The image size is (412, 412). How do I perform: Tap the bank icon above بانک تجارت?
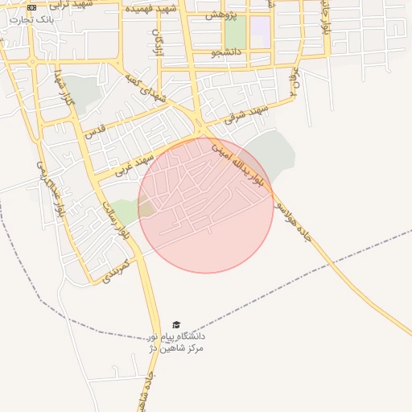coord(31,7)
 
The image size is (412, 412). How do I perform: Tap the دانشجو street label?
coord(227,53)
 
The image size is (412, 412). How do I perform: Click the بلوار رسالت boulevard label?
coord(115,220)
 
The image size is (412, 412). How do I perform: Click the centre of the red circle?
coord(206,205)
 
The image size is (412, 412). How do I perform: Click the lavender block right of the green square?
coord(260,32)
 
